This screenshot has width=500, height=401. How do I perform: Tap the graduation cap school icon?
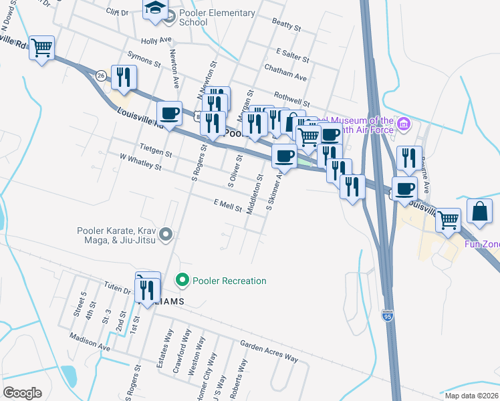155,9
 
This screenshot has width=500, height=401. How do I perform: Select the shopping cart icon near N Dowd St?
41,47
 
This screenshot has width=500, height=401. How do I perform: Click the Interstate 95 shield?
388,314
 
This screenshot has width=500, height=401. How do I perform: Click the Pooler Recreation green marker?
181,280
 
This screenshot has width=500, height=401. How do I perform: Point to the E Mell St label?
227,206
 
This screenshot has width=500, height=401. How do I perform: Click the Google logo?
22,393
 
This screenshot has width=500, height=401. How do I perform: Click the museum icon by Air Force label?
403,124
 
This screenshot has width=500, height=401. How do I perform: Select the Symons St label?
144,62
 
